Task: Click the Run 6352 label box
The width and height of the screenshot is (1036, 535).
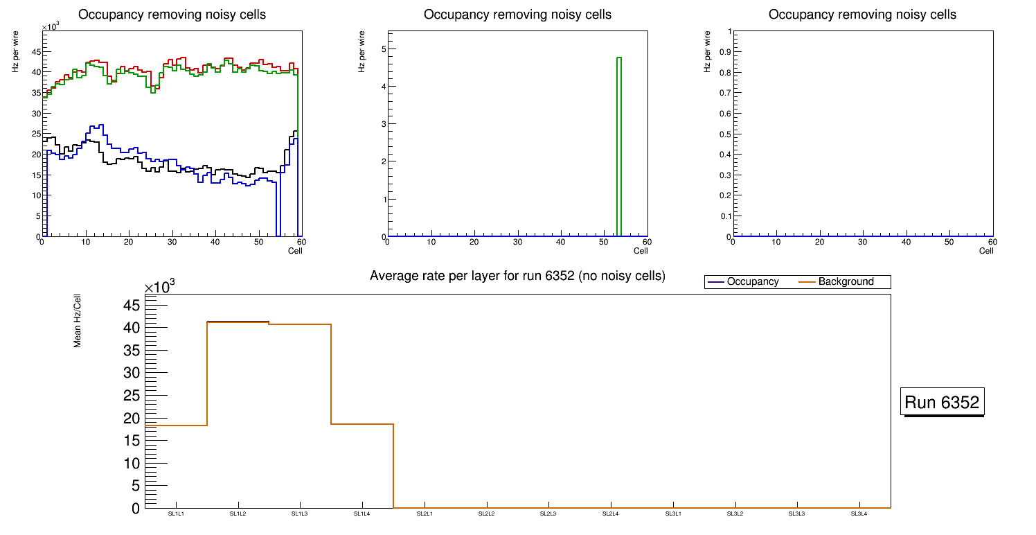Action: tap(943, 402)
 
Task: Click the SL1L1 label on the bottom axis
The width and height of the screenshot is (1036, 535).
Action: tap(176, 514)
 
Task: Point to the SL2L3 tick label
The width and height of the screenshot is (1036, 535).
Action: tap(548, 514)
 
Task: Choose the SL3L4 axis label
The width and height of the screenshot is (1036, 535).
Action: tap(859, 514)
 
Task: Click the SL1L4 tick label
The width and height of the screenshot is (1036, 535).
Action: tap(362, 514)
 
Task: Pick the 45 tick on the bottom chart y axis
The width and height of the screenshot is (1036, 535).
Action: tap(132, 306)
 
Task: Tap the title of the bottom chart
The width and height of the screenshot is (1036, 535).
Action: tap(517, 276)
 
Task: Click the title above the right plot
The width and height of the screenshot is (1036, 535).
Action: tap(862, 15)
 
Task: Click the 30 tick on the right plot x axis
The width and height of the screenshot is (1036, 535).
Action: tap(863, 242)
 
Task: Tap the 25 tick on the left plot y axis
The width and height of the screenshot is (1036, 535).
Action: tap(33, 134)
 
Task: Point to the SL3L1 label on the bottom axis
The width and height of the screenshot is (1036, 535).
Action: tap(673, 514)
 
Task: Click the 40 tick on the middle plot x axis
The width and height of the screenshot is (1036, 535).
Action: tap(561, 242)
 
